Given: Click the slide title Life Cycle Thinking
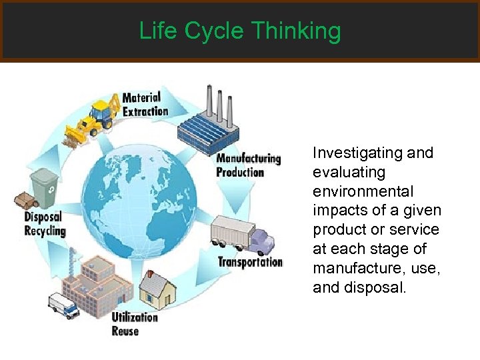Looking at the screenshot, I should pos(240,31).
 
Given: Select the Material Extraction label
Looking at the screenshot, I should pos(145,105).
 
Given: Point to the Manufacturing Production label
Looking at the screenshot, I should pos(247,165).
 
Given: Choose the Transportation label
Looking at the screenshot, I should pos(250,261).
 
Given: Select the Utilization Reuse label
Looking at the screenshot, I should pos(135,323).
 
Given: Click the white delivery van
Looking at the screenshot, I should pos(63,305).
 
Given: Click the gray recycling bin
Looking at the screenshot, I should pos(45,188).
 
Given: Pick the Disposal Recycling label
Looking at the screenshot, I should pos(45,223).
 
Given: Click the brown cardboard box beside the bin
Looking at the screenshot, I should pos(25,200).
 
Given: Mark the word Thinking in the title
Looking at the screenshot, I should pos(297,31).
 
